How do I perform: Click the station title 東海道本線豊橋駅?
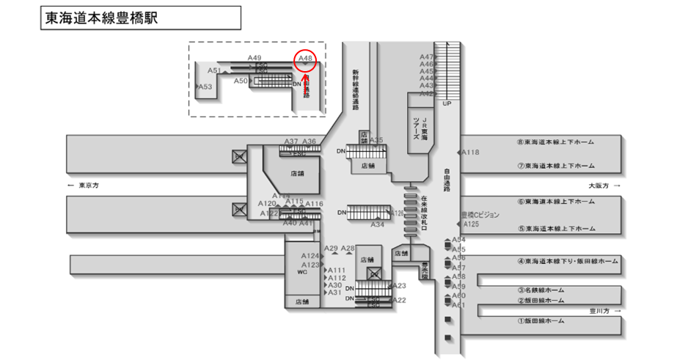pos(102,18)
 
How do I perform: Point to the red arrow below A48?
pos(306,74)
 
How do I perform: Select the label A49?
pos(254,57)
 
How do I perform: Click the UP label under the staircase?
pos(447,103)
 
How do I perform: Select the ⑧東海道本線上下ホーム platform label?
pos(555,142)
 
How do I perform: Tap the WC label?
pos(301,272)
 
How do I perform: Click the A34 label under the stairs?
pos(378,224)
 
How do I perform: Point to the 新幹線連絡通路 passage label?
pos(356,89)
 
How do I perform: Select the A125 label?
pos(471,224)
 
